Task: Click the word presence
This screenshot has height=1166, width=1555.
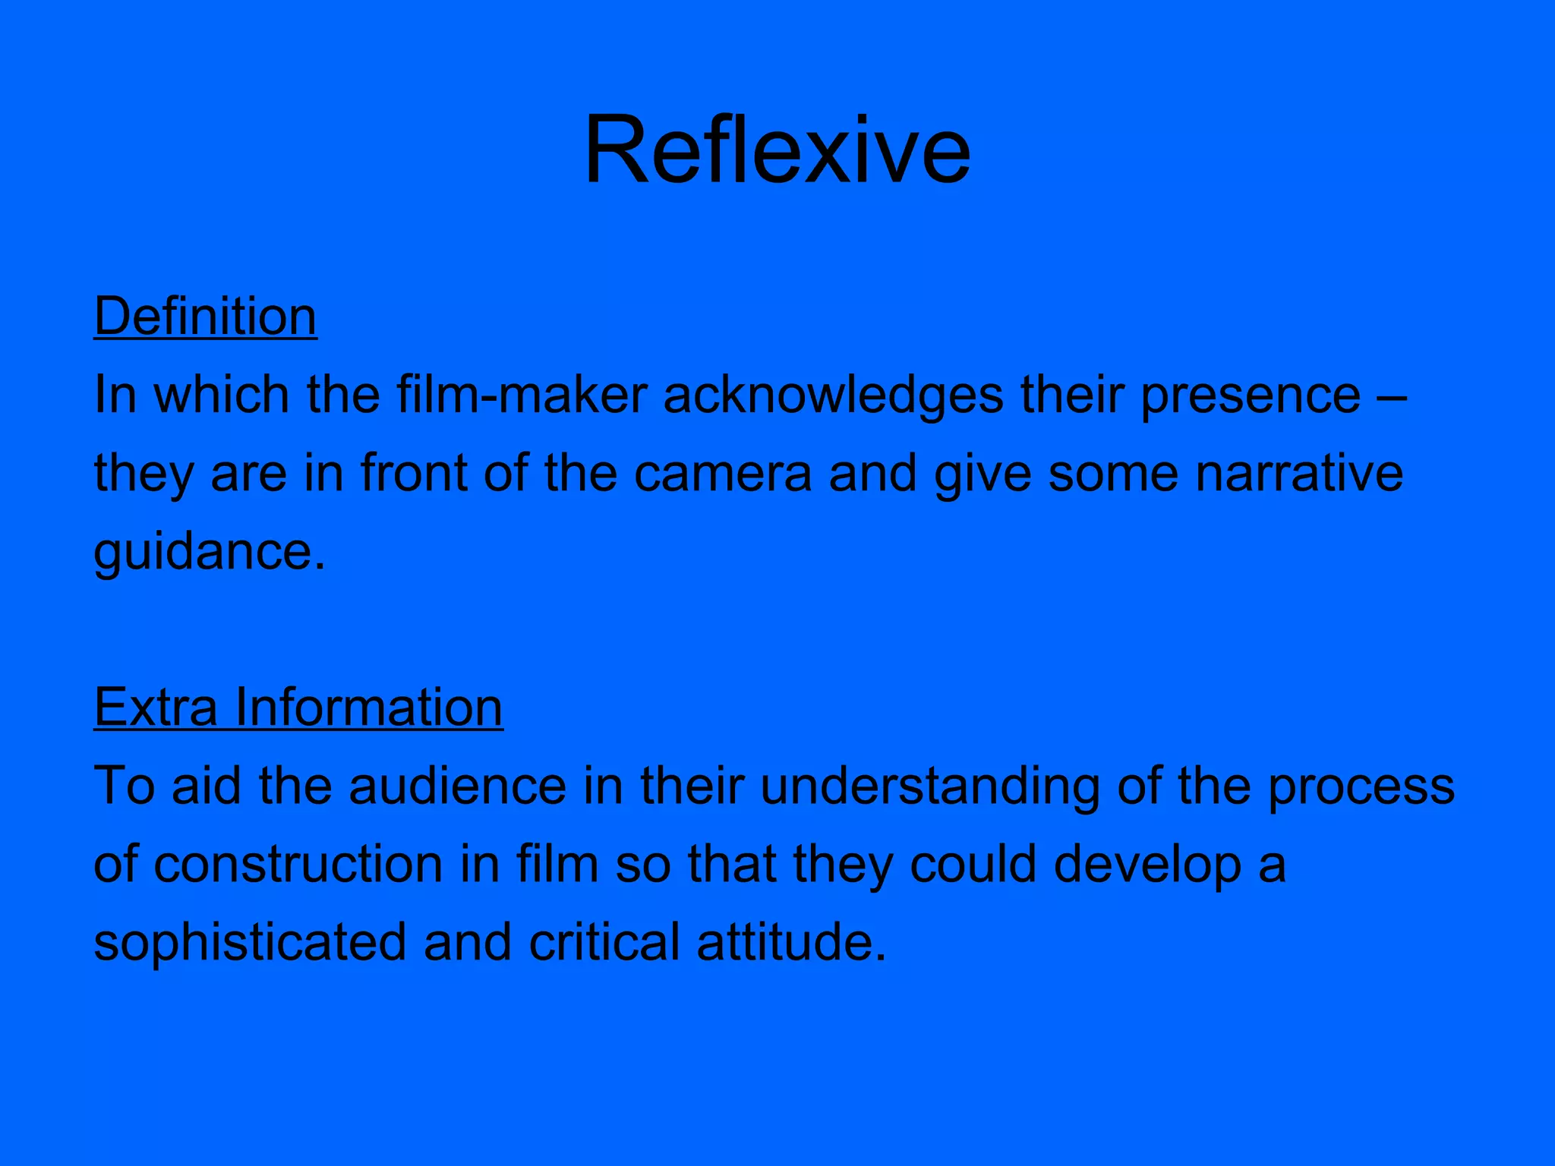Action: [x=1250, y=395]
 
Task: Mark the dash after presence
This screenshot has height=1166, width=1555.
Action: [x=1392, y=396]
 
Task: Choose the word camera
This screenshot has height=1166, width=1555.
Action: [x=723, y=473]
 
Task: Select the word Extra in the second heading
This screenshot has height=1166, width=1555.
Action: [x=156, y=707]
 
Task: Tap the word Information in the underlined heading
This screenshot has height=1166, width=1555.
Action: [x=368, y=707]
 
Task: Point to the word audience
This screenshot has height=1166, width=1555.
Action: [x=457, y=786]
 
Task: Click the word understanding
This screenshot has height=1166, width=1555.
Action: [x=929, y=786]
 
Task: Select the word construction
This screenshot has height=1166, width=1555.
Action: [x=298, y=865]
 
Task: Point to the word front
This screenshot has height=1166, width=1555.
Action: [x=414, y=473]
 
